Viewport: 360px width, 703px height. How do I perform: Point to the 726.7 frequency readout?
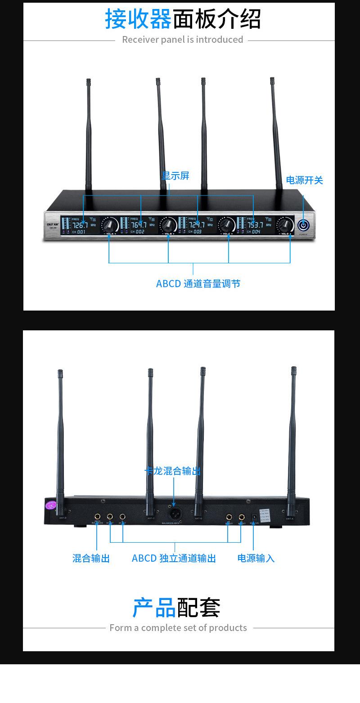coord(81,225)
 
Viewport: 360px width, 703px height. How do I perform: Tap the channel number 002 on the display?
coord(140,232)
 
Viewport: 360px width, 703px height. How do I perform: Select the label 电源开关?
coord(305,180)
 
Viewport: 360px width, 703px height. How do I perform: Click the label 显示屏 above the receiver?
coord(175,176)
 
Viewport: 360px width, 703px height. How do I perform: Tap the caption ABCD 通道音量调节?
coord(198,284)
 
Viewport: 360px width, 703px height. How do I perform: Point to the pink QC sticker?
coord(50,505)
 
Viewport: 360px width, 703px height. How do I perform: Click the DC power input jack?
coord(253,517)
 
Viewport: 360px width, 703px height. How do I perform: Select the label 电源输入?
coord(256,558)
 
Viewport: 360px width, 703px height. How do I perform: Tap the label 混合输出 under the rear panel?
coord(91,558)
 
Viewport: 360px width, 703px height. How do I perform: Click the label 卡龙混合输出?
coord(173,471)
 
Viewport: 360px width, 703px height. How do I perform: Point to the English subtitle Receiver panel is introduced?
coord(182,40)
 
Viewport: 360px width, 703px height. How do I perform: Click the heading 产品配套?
coord(176,608)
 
